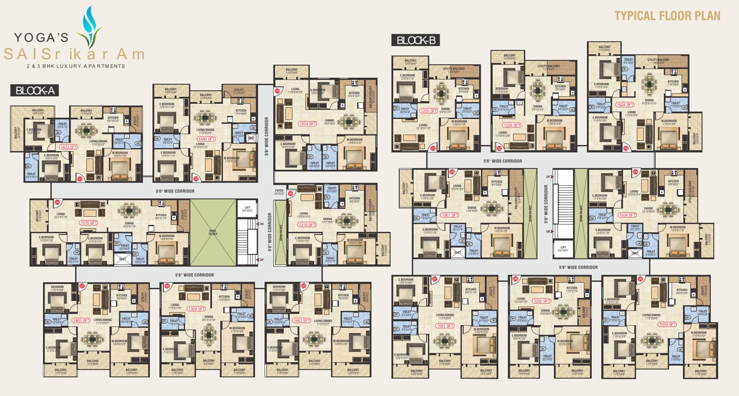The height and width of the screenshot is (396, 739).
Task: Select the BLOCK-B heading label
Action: (415, 40)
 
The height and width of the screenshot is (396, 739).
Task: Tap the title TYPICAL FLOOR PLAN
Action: (668, 15)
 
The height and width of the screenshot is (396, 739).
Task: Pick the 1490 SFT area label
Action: (203, 139)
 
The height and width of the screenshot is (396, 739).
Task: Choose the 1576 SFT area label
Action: (89, 222)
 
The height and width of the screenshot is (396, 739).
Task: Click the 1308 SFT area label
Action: (196, 309)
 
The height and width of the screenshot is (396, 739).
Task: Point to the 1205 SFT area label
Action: (428, 111)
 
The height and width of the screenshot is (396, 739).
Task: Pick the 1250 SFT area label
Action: (542, 301)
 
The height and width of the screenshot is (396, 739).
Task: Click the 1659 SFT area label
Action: (668, 324)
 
